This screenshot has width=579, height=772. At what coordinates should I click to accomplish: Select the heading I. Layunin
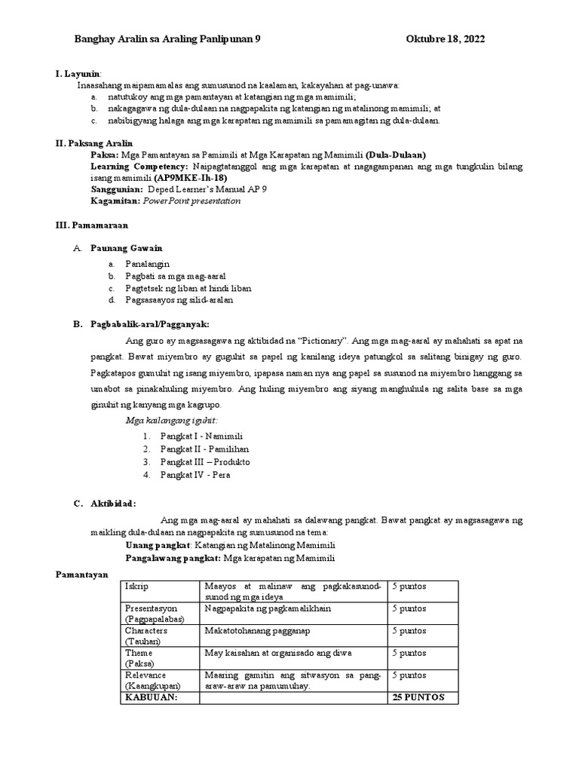78,74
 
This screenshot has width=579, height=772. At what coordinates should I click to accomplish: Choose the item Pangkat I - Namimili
201,436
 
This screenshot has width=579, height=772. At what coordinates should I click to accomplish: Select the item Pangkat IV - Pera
195,475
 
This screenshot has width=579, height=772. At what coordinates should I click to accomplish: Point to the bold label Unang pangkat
159,544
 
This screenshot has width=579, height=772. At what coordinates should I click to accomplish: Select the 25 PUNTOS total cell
418,697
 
